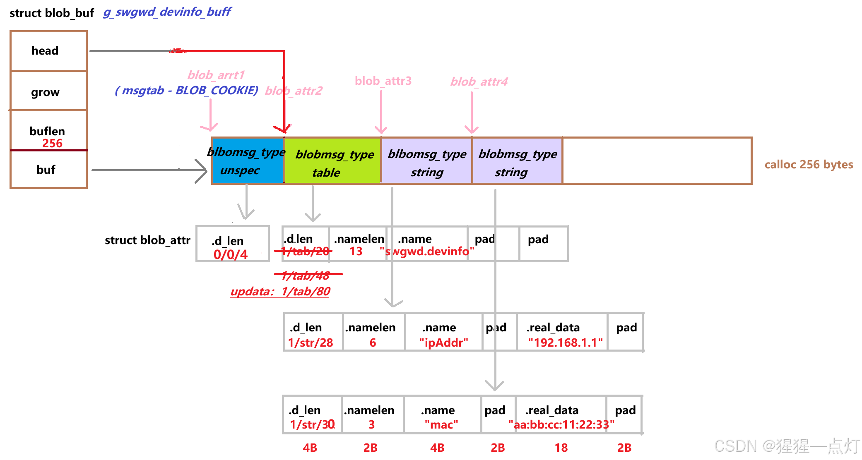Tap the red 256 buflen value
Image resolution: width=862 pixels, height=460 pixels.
[x=52, y=144]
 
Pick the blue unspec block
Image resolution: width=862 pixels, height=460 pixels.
[x=247, y=161]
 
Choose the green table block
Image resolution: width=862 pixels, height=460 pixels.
[x=332, y=163]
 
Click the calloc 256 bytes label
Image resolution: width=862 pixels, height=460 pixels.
[x=808, y=165]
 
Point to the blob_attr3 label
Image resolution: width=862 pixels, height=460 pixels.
[x=383, y=81]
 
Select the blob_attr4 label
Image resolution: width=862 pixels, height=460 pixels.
[x=479, y=81]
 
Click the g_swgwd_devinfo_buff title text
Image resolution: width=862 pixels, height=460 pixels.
[x=167, y=12]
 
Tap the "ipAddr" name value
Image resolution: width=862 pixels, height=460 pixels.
[x=443, y=343]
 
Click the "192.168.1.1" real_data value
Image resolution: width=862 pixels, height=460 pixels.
[x=565, y=343]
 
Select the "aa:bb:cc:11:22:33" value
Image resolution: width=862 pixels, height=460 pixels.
[x=561, y=424]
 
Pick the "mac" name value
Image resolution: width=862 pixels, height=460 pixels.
[x=441, y=424]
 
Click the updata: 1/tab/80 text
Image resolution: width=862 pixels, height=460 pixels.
[x=280, y=292]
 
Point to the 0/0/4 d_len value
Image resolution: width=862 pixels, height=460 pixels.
[x=230, y=254]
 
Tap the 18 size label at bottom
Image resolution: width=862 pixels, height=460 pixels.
[x=561, y=448]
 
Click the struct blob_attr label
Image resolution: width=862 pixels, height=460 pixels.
[x=147, y=240]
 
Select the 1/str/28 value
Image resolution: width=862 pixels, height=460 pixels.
[x=311, y=343]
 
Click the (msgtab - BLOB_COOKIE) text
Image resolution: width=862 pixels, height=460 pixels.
[x=186, y=90]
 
